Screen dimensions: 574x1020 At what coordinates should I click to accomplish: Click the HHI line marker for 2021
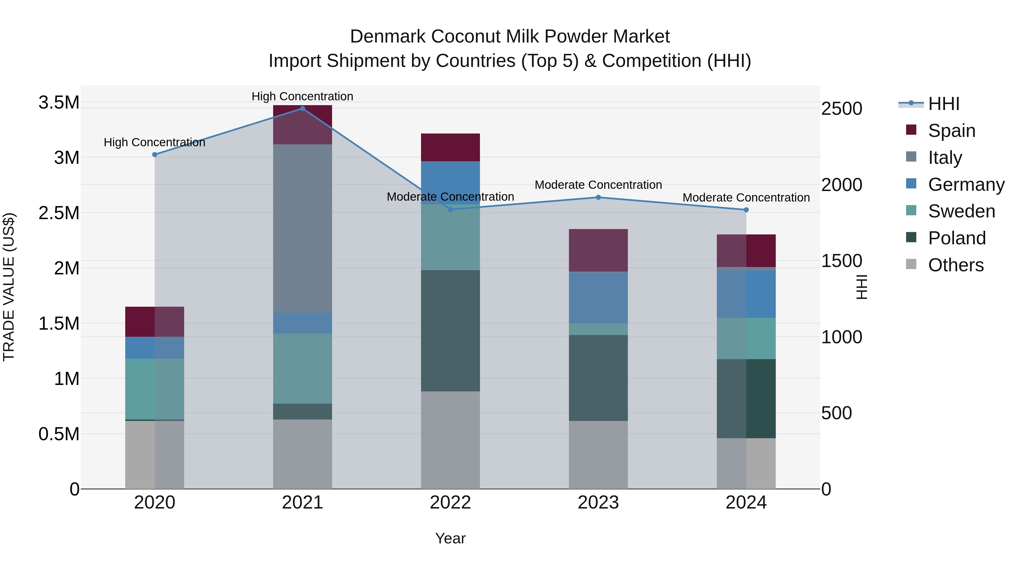click(303, 109)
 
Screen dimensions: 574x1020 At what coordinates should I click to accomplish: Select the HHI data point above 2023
click(598, 197)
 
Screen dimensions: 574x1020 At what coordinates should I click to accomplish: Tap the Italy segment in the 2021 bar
click(303, 228)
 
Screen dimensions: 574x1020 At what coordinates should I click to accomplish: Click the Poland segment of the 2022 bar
click(450, 331)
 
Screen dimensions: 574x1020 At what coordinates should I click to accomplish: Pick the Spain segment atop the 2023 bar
click(598, 250)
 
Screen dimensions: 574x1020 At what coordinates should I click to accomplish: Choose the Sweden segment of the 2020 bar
click(154, 389)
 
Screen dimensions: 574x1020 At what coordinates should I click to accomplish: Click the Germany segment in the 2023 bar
click(598, 298)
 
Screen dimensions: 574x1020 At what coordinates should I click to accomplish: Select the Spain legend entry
click(951, 130)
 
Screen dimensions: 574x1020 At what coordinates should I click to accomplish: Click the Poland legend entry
click(957, 238)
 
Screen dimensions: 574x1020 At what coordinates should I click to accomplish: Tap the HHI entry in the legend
click(943, 104)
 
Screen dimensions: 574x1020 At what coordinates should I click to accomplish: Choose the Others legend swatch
click(911, 264)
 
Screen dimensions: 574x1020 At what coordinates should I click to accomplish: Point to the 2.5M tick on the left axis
click(59, 213)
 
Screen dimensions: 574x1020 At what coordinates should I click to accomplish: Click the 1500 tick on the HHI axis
click(841, 261)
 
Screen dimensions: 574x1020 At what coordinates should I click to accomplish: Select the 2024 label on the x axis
click(746, 503)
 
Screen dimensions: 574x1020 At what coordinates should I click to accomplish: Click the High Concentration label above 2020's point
click(154, 142)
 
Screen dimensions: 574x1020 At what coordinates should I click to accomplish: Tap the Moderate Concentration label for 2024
click(746, 197)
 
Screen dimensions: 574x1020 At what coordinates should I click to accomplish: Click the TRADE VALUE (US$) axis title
click(9, 287)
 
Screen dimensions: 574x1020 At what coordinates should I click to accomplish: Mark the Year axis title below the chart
click(450, 538)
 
